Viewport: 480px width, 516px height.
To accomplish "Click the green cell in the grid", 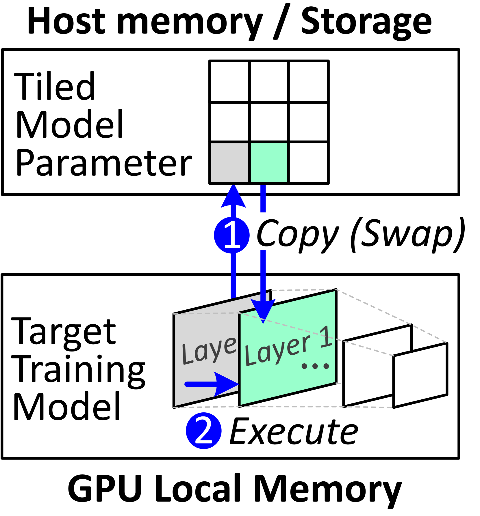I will coord(269,162).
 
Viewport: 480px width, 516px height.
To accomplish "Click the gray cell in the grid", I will coord(229,162).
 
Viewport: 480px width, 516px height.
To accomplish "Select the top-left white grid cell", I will coord(229,82).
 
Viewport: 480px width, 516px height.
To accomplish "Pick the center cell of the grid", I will coord(269,122).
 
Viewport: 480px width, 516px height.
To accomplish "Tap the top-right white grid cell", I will coord(308,82).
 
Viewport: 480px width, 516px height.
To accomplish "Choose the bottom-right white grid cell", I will coord(308,162).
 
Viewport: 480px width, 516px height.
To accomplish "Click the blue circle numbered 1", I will coord(231,235).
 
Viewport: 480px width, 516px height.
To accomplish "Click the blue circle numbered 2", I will coord(203,431).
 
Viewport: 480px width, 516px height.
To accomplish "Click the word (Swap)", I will coord(407,233).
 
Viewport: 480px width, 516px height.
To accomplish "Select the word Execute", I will coord(293,433).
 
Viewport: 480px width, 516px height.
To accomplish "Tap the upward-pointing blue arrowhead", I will coord(233,198).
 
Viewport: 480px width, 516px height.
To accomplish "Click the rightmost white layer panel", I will coord(420,375).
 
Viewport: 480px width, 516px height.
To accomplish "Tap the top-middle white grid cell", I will coord(269,82).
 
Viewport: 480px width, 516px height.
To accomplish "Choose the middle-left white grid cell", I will coord(229,122).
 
